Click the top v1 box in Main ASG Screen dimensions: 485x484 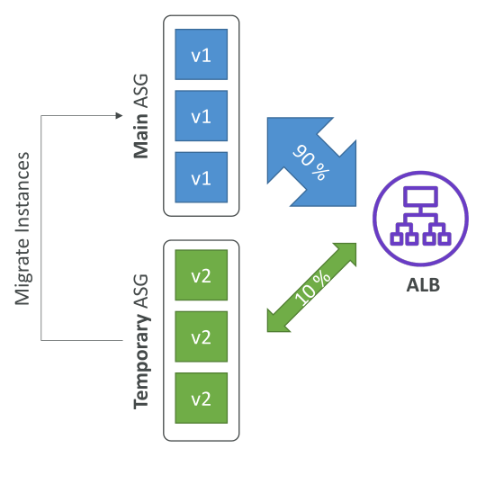point(201,55)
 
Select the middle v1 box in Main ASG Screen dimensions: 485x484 point(201,116)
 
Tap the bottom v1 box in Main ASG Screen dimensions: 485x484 point(201,177)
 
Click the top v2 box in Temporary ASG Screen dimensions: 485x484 point(201,275)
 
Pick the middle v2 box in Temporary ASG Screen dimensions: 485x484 point(201,336)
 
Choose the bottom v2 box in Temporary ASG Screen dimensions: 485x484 point(201,398)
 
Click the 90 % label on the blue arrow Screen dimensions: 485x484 point(310,162)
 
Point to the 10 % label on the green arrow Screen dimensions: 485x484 point(312,288)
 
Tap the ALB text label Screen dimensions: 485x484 point(423,285)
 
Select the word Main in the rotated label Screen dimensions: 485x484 point(141,137)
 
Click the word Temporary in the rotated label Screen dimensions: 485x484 point(141,362)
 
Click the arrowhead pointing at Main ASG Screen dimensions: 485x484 point(119,116)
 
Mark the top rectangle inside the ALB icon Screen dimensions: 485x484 point(421,197)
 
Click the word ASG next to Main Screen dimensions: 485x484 point(141,91)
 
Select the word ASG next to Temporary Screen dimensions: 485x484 point(141,291)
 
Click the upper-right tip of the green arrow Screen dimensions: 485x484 point(355,244)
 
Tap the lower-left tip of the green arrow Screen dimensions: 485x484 point(267,332)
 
